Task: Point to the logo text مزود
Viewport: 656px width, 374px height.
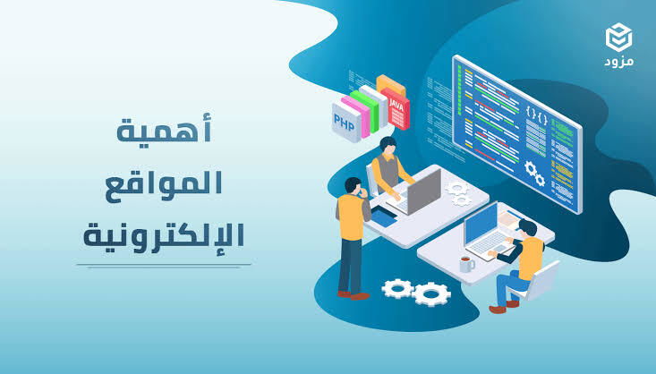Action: click(x=618, y=64)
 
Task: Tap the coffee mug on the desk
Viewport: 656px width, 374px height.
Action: click(x=466, y=264)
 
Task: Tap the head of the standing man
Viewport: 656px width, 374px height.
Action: click(x=351, y=187)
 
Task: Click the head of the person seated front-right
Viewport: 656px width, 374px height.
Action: click(x=525, y=227)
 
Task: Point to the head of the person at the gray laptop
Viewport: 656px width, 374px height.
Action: click(x=387, y=145)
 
